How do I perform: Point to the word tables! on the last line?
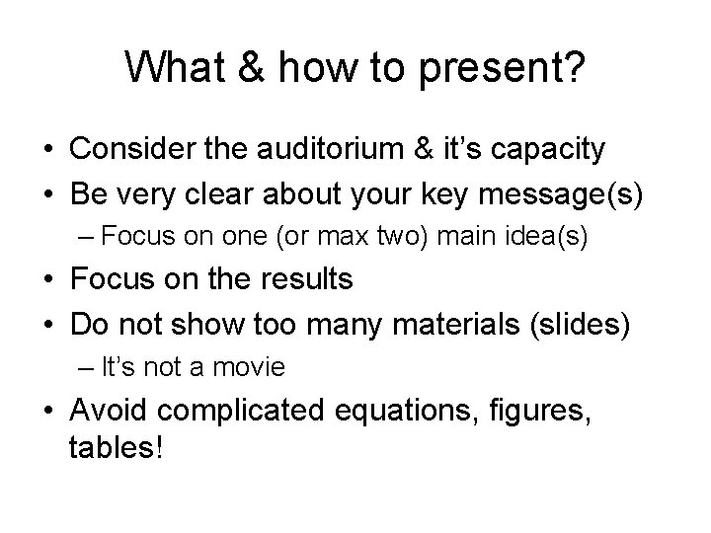[x=116, y=448]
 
